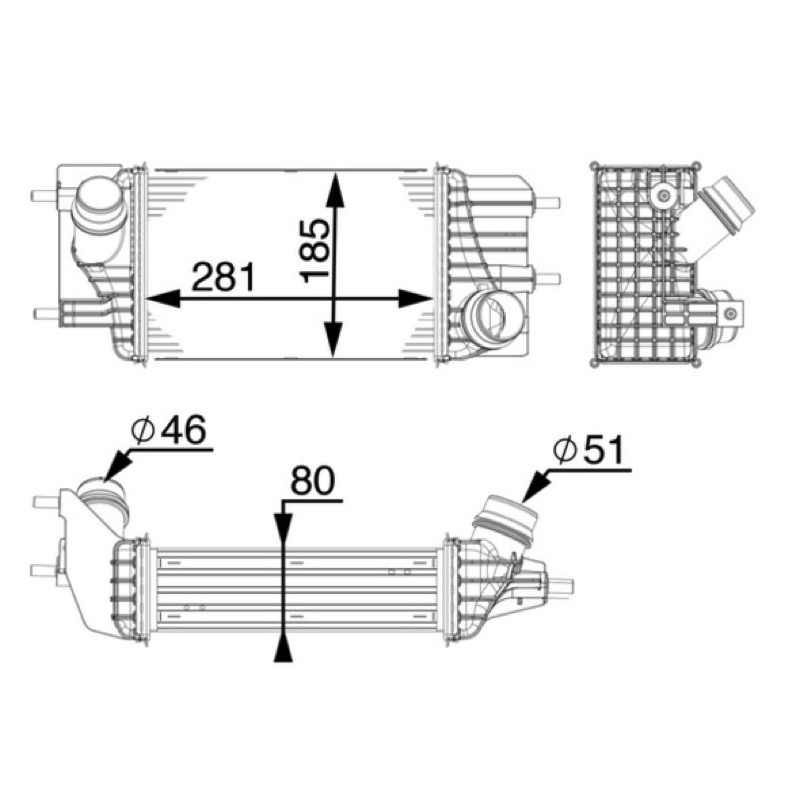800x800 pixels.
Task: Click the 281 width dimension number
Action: coord(223,277)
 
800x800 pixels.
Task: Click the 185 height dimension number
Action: coord(315,251)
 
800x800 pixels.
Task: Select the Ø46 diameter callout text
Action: coord(169,430)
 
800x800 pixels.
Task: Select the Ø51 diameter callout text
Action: coord(588,450)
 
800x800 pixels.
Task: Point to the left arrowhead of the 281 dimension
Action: coord(163,298)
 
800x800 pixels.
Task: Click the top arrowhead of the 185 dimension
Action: coord(334,190)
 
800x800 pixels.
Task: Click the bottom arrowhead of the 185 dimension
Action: coord(334,339)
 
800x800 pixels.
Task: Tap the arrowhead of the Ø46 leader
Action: coord(116,465)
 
